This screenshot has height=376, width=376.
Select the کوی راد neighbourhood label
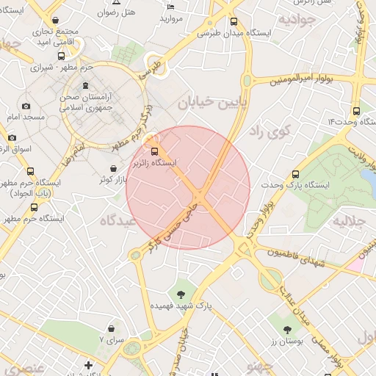270,131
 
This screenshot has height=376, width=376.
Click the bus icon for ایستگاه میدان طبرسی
234,22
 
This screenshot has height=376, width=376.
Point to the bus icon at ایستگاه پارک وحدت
296,175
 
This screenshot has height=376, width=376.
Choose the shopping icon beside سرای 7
110,328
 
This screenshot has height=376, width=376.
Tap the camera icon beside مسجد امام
26,106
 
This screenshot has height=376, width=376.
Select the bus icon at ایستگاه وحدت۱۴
356,110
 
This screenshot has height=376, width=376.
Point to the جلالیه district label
350,220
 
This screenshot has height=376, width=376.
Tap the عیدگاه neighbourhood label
117,220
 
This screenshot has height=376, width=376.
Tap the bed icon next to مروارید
171,7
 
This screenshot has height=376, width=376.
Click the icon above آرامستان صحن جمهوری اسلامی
85,86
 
